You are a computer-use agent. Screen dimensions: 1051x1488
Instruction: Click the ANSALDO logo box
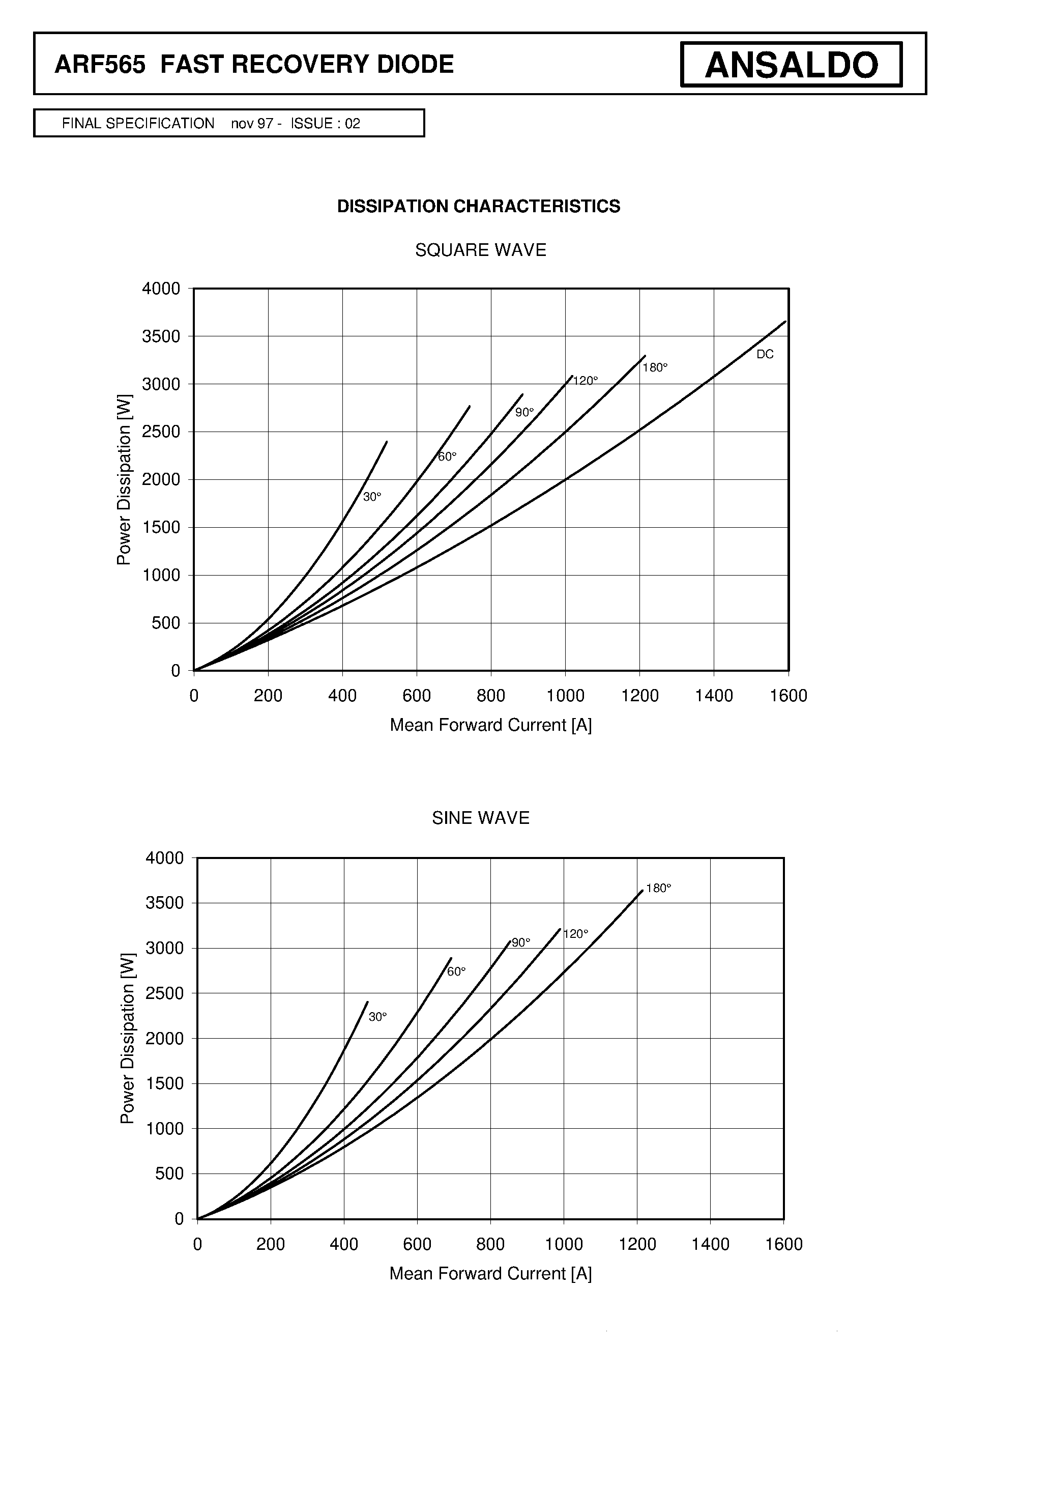[x=791, y=64]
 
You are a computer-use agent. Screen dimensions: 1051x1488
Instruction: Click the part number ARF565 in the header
[x=100, y=65]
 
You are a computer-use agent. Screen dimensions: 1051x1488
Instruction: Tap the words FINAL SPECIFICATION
[x=138, y=123]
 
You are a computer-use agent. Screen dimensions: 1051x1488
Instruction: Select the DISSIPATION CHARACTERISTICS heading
[x=479, y=206]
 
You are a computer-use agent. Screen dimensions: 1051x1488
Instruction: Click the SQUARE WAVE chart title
[x=481, y=250]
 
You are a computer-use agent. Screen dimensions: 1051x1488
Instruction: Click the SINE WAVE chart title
[x=481, y=818]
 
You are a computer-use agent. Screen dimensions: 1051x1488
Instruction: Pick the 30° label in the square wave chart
[x=372, y=497]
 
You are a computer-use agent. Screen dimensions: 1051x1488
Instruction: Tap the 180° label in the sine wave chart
[x=658, y=888]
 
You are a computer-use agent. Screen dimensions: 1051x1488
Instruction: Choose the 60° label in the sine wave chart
[x=456, y=971]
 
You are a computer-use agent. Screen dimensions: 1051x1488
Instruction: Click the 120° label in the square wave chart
[x=585, y=381]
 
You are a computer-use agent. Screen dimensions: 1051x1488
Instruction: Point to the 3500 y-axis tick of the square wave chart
[x=161, y=336]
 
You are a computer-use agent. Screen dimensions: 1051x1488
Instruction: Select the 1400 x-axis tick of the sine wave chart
[x=711, y=1244]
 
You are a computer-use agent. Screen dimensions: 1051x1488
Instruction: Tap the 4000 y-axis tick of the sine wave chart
[x=165, y=858]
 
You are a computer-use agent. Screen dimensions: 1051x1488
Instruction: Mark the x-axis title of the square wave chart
[x=491, y=725]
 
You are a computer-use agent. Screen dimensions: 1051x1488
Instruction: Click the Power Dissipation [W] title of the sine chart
[x=128, y=1039]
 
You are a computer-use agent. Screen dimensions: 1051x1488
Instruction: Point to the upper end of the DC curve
[x=785, y=321]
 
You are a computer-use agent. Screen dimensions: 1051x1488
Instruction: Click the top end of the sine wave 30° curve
[x=367, y=1002]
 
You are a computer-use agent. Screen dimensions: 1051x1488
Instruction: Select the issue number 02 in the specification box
[x=353, y=123]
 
